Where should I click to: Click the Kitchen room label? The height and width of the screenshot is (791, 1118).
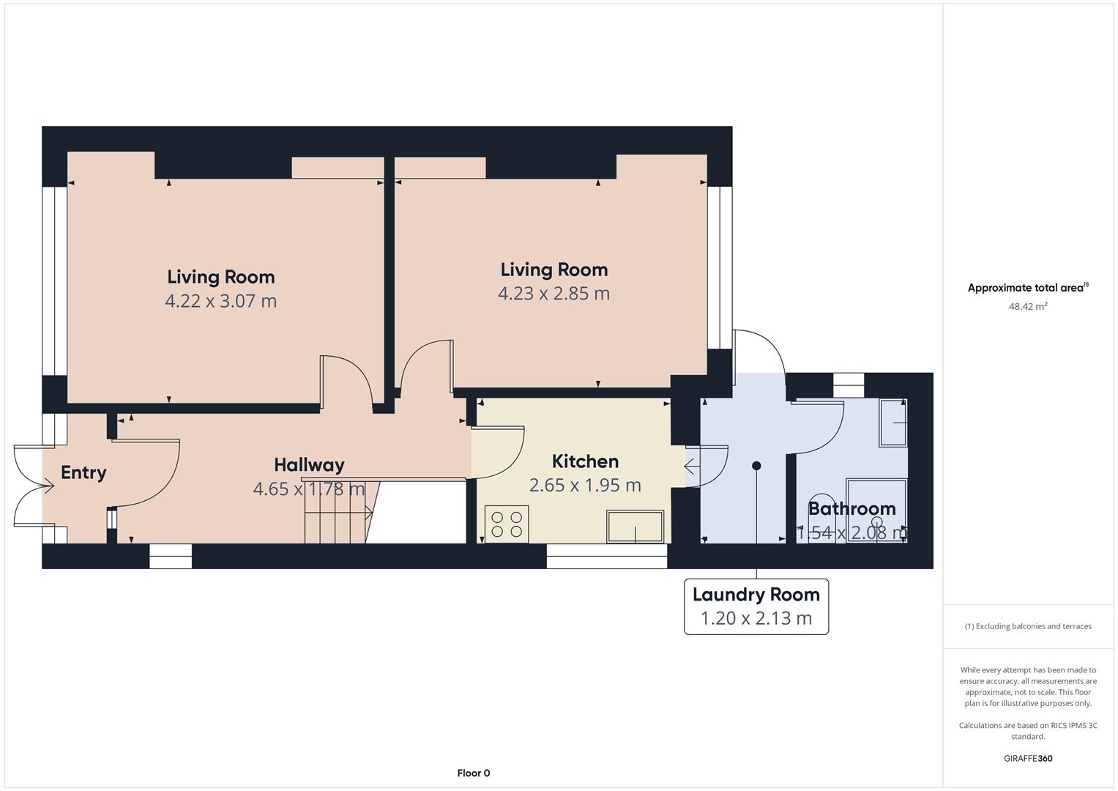coord(585,461)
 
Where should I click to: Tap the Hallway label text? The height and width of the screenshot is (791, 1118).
coord(309,465)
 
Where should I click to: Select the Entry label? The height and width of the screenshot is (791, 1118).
coord(83,472)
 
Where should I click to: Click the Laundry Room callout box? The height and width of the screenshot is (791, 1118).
coord(756,606)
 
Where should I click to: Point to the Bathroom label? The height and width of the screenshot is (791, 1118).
coord(851,509)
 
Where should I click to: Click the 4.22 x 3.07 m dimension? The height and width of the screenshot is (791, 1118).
coord(220,301)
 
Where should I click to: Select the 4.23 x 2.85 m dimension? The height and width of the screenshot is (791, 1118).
coord(554,294)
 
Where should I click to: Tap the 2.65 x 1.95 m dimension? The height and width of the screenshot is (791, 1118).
coord(585,486)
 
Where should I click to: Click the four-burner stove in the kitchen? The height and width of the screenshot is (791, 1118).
coord(507,524)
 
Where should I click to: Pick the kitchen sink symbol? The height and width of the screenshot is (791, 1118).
coord(635,527)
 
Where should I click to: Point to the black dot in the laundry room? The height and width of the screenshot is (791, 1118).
coord(756,466)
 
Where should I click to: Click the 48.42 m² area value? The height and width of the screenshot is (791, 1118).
coord(1028,306)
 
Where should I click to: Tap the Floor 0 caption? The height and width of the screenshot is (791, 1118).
coord(473,773)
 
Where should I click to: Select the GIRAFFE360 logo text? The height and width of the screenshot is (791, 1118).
coord(1028,758)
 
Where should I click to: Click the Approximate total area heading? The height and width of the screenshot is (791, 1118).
coord(1028,287)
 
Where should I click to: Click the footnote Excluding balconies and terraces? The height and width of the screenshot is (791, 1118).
coord(1028,626)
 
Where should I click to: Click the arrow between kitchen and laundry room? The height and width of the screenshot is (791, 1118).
coord(693,467)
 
